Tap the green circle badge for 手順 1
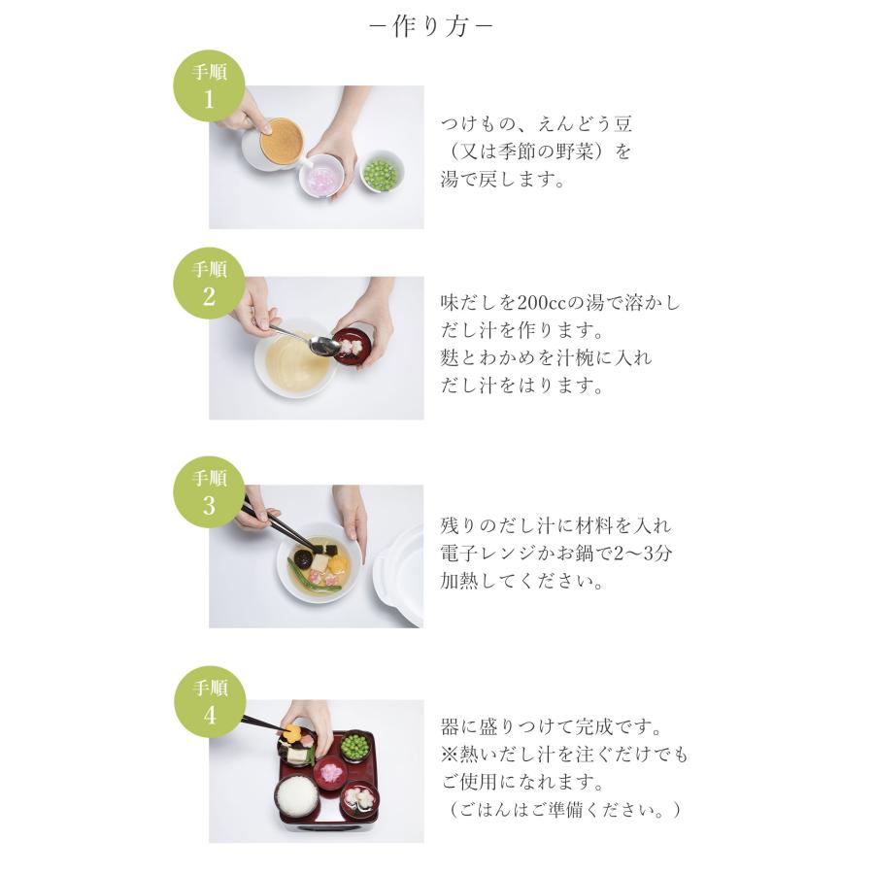click(209, 86)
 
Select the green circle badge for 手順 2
click(209, 285)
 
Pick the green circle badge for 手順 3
click(209, 491)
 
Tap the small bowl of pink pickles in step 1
click(320, 179)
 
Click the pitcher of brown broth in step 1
click(270, 144)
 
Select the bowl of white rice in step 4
click(294, 796)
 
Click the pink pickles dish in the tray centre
click(330, 773)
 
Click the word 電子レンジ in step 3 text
click(495, 555)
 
